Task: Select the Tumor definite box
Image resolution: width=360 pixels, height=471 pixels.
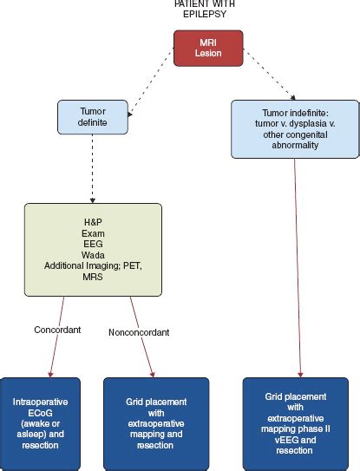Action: click(93, 117)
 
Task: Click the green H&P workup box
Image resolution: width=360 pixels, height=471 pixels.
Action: click(93, 250)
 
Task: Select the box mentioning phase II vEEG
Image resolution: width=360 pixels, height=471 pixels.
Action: click(296, 417)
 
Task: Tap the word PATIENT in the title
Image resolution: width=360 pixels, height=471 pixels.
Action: click(187, 3)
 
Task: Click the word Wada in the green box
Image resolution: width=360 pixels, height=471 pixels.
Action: click(93, 255)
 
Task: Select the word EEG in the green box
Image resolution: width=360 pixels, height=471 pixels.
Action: click(93, 244)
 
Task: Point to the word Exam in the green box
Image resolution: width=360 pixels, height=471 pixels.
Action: click(93, 232)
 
